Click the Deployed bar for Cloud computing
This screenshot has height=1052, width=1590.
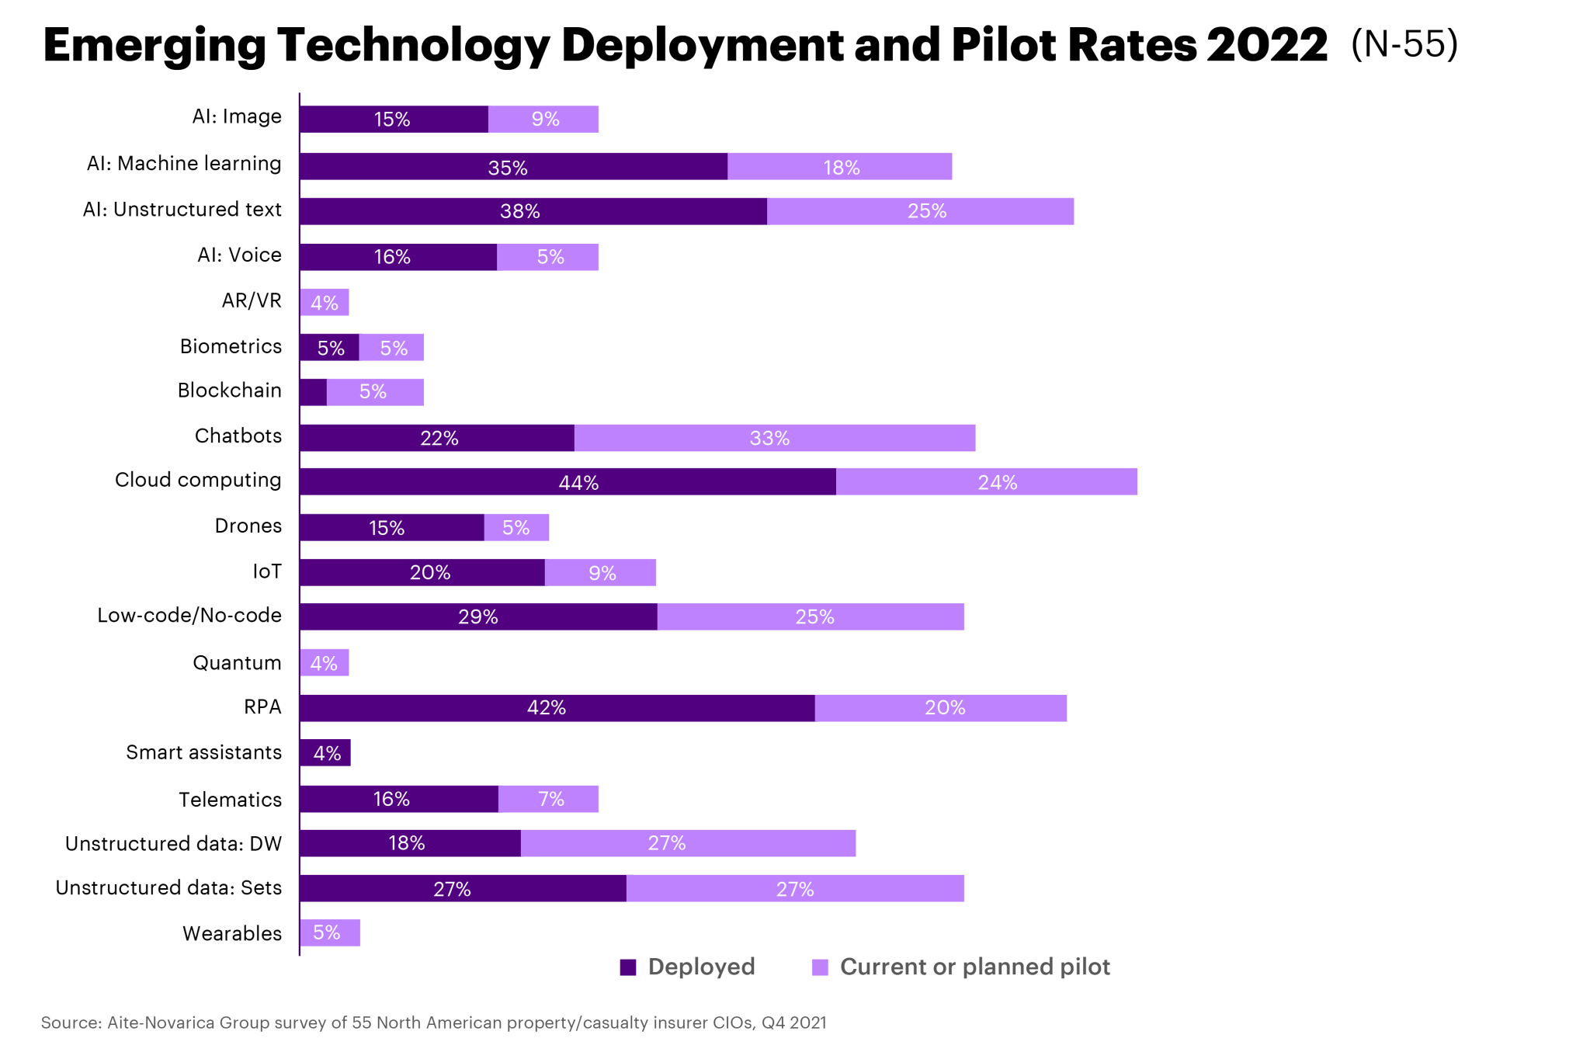(568, 481)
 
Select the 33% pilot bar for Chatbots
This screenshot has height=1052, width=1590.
(774, 438)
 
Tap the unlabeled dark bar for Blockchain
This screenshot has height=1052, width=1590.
(313, 392)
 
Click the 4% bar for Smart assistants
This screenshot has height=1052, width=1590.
(325, 752)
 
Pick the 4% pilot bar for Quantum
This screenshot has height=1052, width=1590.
(325, 662)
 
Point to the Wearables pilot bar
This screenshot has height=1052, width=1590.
(330, 932)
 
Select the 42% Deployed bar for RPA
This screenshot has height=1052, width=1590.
(557, 708)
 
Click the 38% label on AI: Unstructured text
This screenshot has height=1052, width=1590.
(519, 211)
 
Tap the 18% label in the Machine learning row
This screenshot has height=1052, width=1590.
(842, 168)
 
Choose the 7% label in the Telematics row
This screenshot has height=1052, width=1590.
(551, 799)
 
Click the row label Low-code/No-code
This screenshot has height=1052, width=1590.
(189, 616)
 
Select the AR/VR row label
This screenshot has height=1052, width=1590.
(252, 300)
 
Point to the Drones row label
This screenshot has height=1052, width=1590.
(248, 526)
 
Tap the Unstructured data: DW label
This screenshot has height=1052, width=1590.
(173, 844)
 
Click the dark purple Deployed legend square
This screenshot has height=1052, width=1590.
(628, 967)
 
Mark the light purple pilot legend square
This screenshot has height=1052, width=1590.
(820, 967)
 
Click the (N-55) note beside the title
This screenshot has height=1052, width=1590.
(1404, 44)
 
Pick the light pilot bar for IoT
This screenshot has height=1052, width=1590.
(600, 572)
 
